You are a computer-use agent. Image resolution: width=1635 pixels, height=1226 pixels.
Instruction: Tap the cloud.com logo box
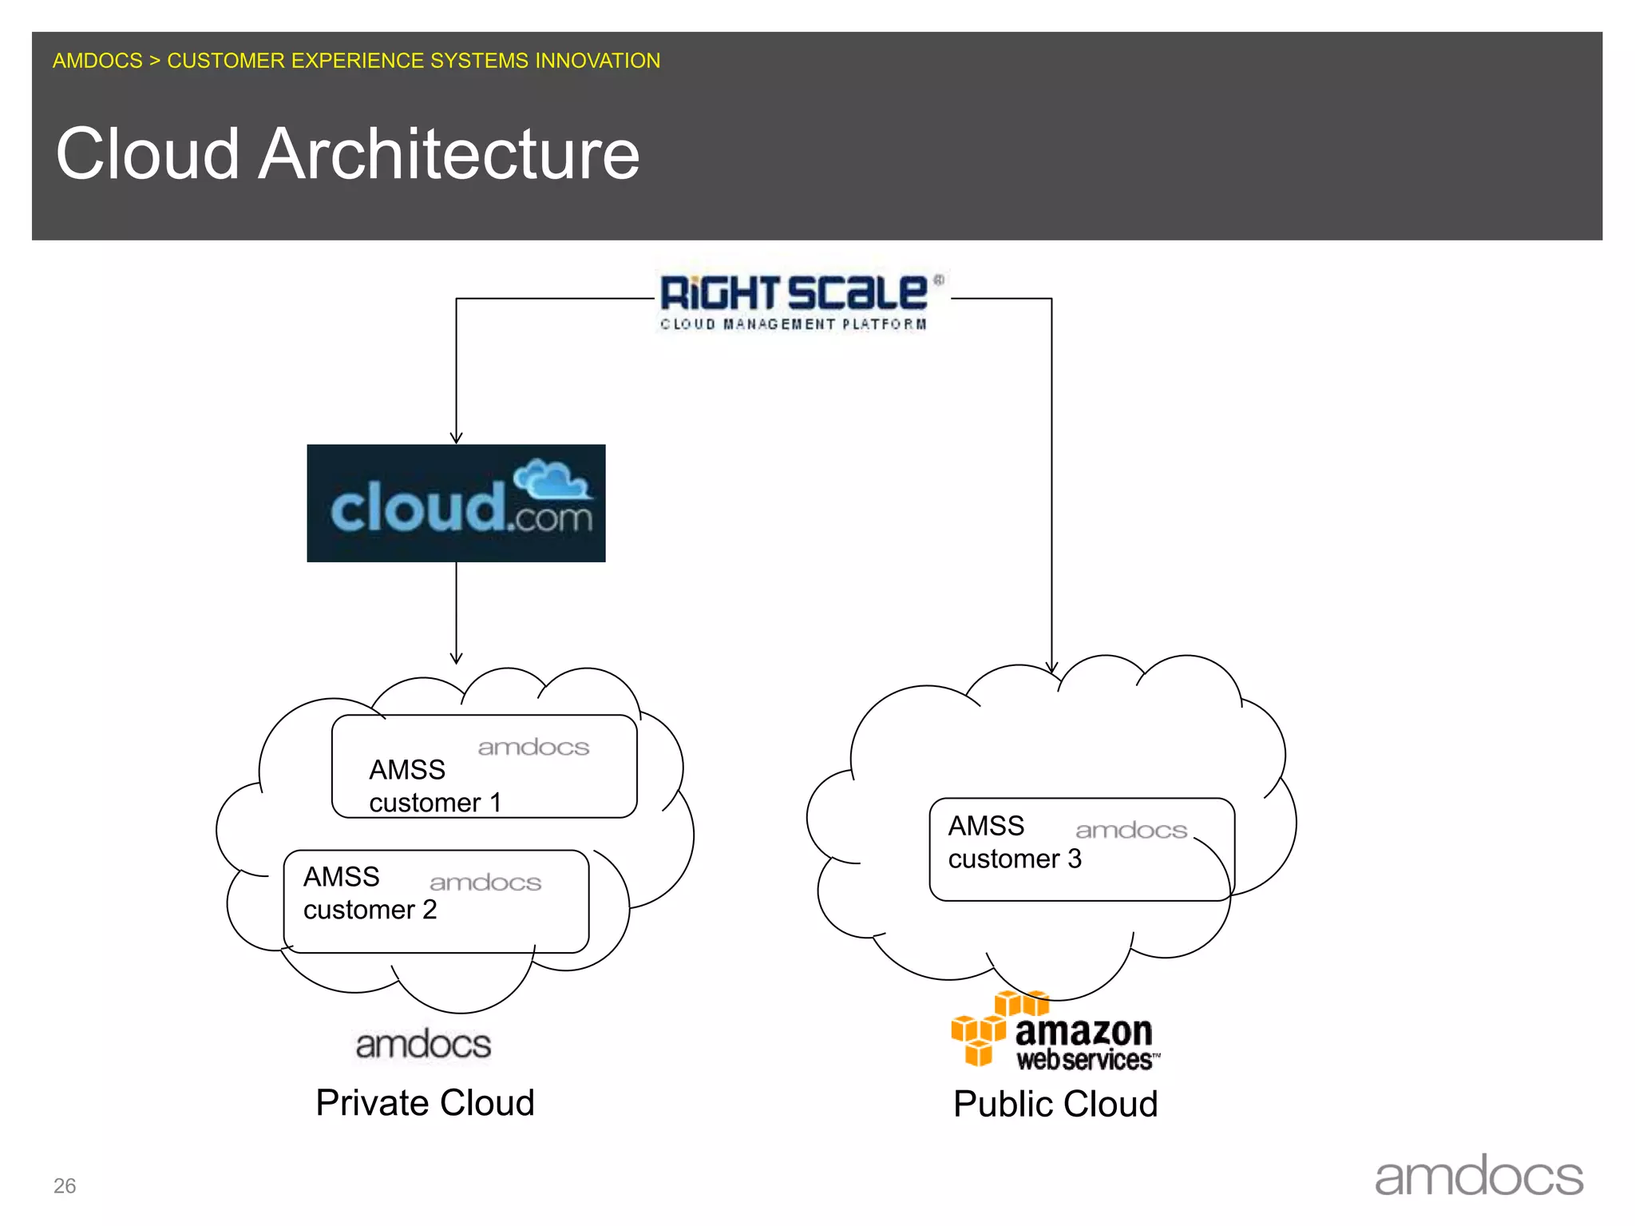tap(456, 503)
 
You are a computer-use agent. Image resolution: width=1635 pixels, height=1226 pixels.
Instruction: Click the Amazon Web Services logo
tap(1054, 1032)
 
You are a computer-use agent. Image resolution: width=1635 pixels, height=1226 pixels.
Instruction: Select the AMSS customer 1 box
tap(484, 767)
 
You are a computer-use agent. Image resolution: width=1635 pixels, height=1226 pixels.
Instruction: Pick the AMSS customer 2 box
tap(436, 902)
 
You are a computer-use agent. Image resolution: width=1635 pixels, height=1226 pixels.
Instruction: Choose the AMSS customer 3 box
tap(1081, 850)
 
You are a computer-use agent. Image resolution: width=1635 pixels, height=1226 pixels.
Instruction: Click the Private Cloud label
tap(425, 1104)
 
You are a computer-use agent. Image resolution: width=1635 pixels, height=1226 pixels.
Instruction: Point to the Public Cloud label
tap(1055, 1105)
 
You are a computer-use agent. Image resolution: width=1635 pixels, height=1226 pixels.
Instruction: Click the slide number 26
tap(65, 1186)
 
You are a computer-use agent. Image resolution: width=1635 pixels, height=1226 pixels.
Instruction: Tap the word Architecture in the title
tap(449, 154)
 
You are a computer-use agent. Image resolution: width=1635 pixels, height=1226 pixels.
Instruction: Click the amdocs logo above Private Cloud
tap(423, 1045)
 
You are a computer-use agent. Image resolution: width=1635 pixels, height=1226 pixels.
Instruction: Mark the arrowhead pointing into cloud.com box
tap(456, 438)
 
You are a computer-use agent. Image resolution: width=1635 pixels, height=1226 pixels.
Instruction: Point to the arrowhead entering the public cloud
tap(1051, 667)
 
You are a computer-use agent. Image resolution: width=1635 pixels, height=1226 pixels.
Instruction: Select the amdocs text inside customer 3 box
tap(1131, 831)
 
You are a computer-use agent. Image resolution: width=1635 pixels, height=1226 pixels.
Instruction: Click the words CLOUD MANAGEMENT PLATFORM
tap(793, 324)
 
